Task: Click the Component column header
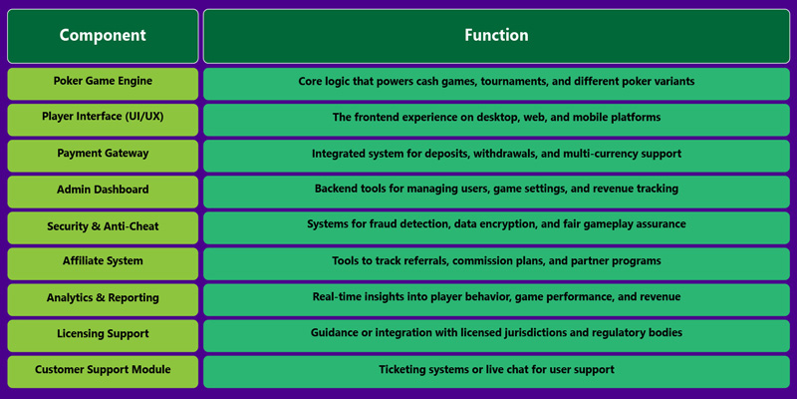click(103, 36)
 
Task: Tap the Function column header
click(496, 36)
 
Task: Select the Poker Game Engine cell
click(103, 82)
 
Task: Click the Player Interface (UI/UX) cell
click(103, 118)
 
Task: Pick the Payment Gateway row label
click(103, 154)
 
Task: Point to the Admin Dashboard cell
click(103, 190)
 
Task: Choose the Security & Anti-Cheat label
click(103, 226)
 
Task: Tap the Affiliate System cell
click(103, 261)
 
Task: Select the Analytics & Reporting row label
click(103, 298)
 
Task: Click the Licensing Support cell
click(103, 334)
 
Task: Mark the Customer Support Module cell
click(103, 370)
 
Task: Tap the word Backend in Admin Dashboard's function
click(339, 190)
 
